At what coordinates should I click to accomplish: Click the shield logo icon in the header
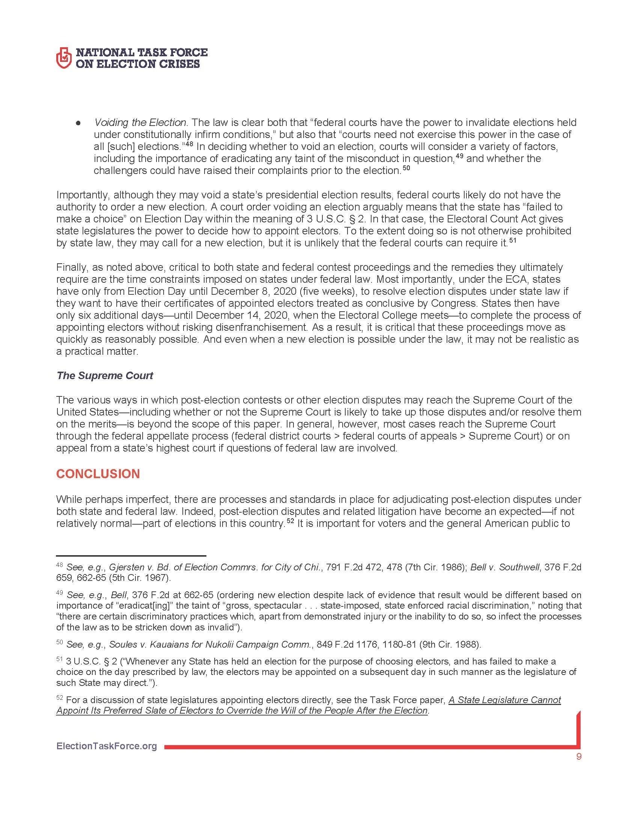(63, 58)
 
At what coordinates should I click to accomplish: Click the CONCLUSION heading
(98, 474)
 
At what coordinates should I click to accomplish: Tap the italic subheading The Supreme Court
(105, 375)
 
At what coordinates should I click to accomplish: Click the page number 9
(579, 757)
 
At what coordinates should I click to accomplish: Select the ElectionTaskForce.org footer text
(107, 746)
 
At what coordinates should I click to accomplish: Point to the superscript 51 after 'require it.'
(513, 240)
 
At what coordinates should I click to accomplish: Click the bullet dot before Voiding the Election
(78, 123)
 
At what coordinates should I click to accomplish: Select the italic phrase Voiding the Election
(140, 123)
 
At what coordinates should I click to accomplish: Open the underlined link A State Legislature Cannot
(504, 700)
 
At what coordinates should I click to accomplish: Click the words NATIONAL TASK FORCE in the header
(141, 52)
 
